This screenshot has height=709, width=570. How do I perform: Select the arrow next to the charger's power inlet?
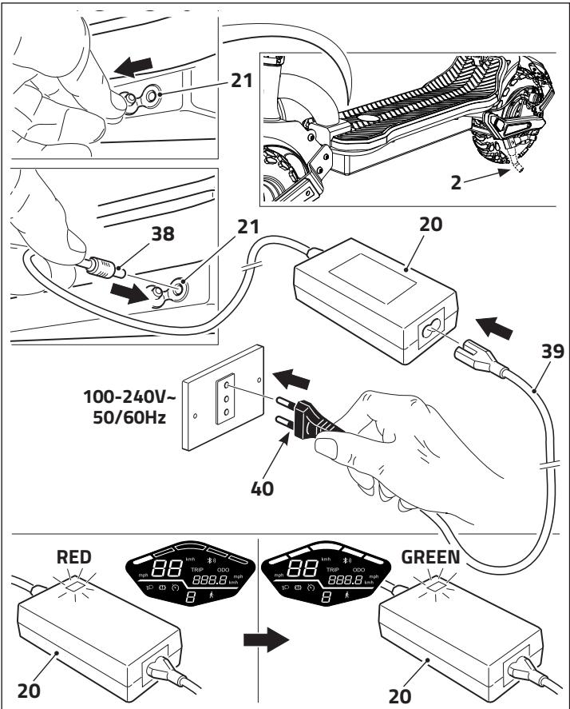click(492, 325)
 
